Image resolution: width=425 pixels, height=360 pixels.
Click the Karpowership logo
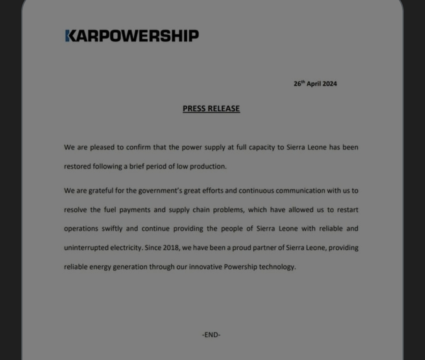(132, 36)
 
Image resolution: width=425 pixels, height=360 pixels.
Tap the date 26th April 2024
(315, 84)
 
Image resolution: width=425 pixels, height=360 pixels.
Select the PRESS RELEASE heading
(211, 109)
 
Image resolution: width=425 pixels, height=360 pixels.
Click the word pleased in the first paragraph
(102, 147)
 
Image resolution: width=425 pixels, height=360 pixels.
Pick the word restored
(78, 166)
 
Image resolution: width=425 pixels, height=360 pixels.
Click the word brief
(136, 166)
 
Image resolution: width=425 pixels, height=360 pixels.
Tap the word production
(208, 166)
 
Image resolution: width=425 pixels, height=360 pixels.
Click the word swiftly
(110, 228)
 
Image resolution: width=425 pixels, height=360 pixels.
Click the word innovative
(205, 267)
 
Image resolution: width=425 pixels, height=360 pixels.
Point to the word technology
(277, 267)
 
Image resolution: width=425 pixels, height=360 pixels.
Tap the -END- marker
(211, 335)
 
